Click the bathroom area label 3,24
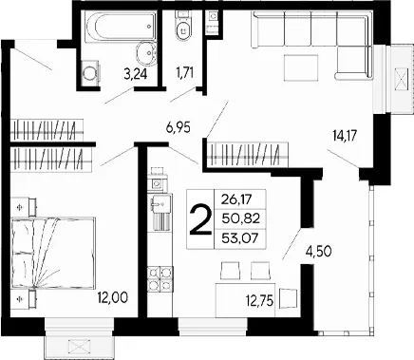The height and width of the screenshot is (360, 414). (136, 74)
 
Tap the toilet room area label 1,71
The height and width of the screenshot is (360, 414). (184, 71)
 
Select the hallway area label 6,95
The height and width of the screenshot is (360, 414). (178, 128)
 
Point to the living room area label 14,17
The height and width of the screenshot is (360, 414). (345, 136)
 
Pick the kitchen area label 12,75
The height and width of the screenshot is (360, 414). (259, 301)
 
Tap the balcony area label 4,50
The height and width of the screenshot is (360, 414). (318, 252)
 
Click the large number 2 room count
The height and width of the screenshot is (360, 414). (200, 219)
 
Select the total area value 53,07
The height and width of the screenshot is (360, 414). (240, 237)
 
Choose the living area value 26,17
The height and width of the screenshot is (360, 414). (236, 199)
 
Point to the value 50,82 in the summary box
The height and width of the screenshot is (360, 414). (240, 218)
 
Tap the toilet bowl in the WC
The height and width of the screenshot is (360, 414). (183, 30)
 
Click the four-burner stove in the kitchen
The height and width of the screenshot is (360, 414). (160, 277)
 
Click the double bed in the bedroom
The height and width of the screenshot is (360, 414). (53, 253)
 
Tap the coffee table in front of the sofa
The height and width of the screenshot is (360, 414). (301, 67)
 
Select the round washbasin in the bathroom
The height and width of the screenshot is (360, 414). (146, 53)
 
